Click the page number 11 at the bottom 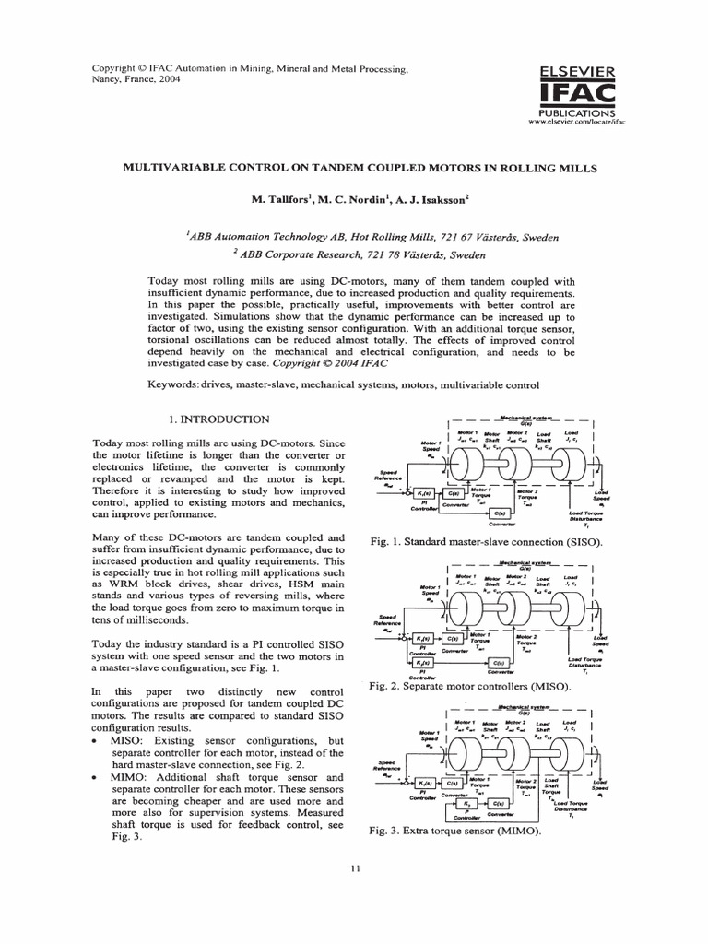pos(355,868)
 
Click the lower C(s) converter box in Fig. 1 pos(499,513)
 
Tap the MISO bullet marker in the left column pos(97,741)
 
